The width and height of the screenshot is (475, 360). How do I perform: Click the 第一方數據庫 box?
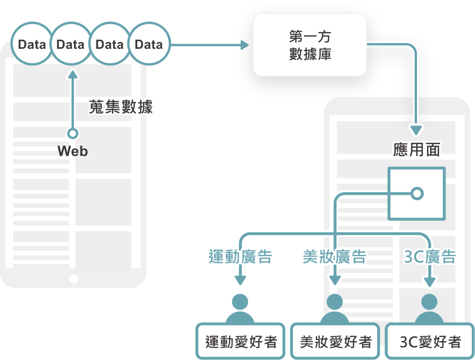coord(310,44)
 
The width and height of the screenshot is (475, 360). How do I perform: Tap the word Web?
coord(72,151)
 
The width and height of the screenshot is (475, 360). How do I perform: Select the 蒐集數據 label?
coord(121,107)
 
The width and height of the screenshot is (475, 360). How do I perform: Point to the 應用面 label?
coord(417,150)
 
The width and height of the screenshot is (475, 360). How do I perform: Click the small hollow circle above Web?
coord(72,134)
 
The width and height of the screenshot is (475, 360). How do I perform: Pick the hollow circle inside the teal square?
coord(417,194)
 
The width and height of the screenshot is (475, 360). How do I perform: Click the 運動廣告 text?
coord(240,257)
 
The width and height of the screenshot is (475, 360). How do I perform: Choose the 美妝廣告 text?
coord(334,257)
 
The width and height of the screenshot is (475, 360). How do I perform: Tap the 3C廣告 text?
coord(430,257)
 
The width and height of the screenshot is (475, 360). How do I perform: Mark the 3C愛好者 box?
coord(430,342)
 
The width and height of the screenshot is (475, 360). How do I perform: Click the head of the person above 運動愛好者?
coord(240,301)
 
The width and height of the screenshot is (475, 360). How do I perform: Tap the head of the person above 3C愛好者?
coord(430,301)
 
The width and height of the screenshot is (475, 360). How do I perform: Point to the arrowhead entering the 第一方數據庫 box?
coord(244,44)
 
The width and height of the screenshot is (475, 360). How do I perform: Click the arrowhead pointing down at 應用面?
coord(417,130)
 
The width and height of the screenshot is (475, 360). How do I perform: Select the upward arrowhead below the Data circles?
coord(72,75)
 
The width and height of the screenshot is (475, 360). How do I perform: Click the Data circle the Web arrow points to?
coord(71,44)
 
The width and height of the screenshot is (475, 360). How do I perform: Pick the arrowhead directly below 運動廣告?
coord(240,281)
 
